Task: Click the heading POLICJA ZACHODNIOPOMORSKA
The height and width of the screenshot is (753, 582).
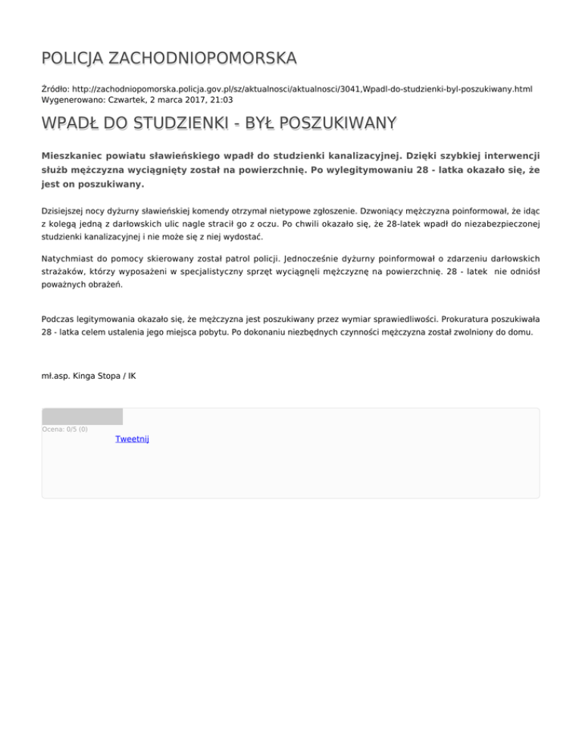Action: click(x=169, y=58)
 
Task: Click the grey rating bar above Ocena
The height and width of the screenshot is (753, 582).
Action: click(x=82, y=416)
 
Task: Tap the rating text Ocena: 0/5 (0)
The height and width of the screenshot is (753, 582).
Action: click(x=64, y=430)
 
